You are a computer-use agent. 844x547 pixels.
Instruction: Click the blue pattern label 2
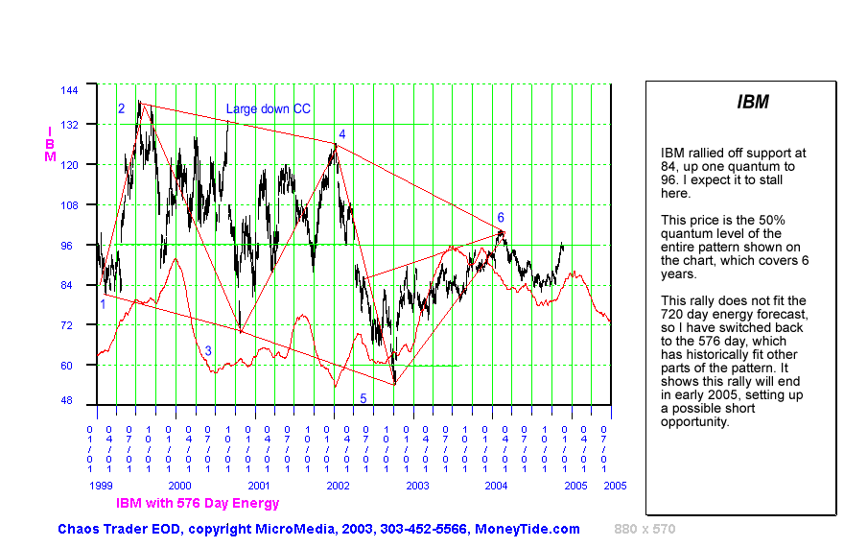click(122, 108)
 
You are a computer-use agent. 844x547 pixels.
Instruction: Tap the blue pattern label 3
click(208, 351)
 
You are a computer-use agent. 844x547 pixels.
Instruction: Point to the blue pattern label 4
click(341, 134)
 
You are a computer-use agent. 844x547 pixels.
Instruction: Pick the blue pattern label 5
click(363, 398)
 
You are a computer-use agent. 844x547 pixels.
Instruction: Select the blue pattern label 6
click(501, 218)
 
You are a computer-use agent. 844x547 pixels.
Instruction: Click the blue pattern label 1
click(103, 304)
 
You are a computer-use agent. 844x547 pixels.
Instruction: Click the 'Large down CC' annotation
click(268, 109)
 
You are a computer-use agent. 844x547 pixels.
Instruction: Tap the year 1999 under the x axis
click(102, 487)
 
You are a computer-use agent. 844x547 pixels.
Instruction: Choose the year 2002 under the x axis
click(337, 487)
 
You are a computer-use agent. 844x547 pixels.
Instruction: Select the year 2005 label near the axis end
click(615, 487)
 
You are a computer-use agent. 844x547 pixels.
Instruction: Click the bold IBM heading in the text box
click(753, 102)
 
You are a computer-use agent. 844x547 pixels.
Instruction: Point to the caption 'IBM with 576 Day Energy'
click(198, 503)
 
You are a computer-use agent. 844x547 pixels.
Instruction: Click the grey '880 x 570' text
click(645, 529)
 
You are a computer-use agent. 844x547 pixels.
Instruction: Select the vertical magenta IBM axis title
click(50, 143)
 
